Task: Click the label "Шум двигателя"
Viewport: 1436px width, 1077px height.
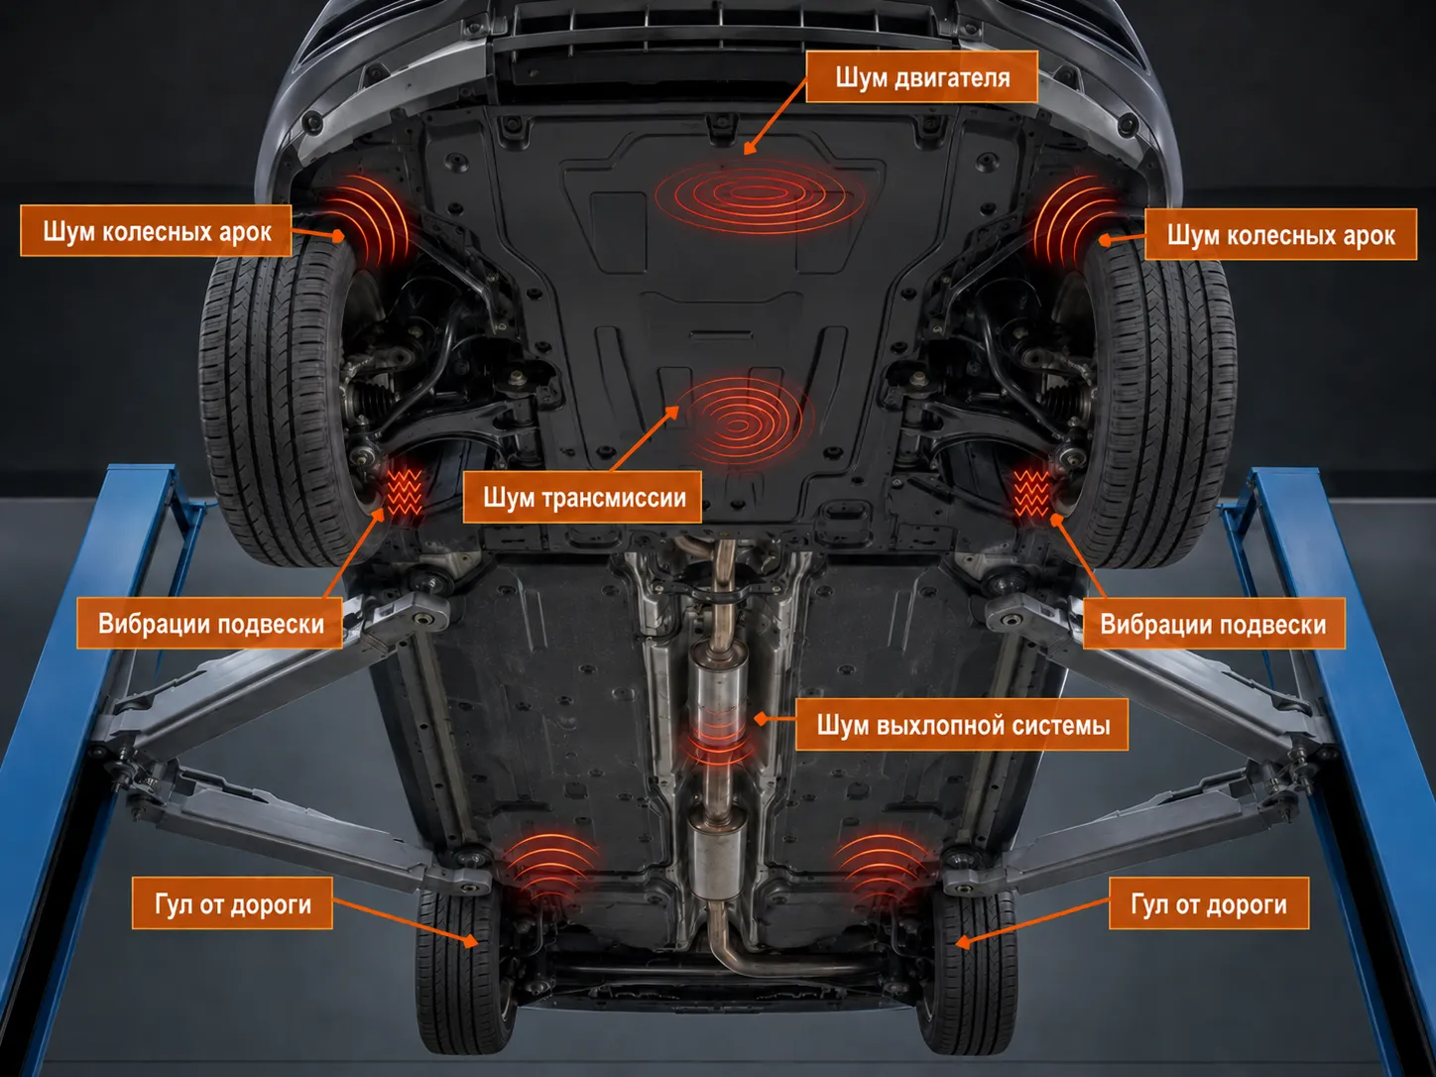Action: click(921, 76)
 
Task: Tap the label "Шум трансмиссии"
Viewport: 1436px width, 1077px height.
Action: click(582, 498)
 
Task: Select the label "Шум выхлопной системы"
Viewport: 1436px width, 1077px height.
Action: click(962, 725)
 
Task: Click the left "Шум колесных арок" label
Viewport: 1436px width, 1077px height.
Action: click(156, 231)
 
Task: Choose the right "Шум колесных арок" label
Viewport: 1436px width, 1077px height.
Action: click(1280, 235)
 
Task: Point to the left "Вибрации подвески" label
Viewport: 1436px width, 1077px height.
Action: click(209, 623)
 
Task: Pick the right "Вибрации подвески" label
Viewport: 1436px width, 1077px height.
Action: click(1214, 623)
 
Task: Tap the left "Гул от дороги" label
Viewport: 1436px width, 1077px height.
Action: click(232, 903)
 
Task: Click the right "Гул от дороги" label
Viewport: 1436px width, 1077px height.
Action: click(1209, 904)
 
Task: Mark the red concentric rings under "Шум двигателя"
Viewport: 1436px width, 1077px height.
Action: click(759, 193)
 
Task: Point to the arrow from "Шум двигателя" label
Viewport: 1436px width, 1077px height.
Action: click(776, 118)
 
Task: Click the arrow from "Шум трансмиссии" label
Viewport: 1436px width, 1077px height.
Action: click(645, 438)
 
